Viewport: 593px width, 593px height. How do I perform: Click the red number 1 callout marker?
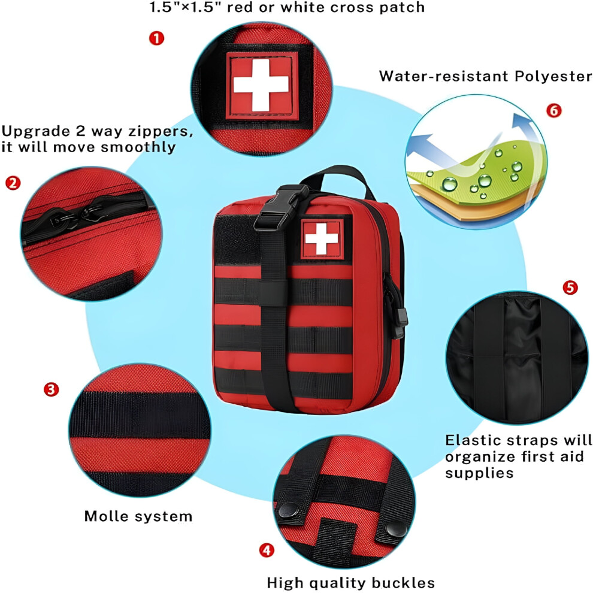(x=156, y=38)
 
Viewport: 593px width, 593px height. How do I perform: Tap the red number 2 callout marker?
(x=13, y=183)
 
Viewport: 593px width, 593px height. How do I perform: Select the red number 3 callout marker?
(x=51, y=389)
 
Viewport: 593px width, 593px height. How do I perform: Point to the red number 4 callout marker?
(x=267, y=550)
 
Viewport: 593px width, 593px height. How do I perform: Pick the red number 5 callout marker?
(x=570, y=288)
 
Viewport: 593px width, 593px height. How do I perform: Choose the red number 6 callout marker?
(x=553, y=110)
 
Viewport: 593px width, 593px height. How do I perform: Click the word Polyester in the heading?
(x=553, y=77)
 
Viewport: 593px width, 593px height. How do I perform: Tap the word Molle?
(x=106, y=516)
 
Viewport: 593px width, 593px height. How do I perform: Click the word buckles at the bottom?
(x=403, y=582)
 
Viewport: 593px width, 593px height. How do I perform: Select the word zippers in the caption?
(x=161, y=131)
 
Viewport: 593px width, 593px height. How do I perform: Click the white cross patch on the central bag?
(x=322, y=238)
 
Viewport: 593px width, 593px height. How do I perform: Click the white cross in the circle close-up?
(x=261, y=84)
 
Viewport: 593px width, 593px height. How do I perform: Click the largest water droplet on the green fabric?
(x=450, y=184)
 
